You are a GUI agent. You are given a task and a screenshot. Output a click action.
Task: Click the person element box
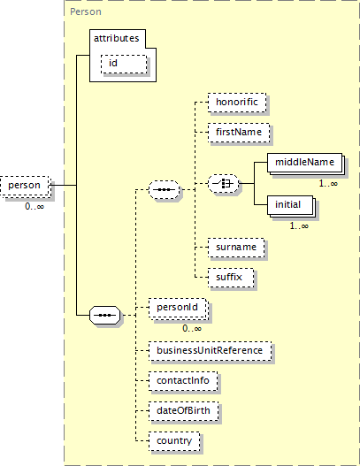[x=25, y=186]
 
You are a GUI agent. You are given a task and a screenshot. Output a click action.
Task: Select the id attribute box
[x=124, y=64]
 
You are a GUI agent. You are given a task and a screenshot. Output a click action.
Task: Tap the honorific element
[x=237, y=103]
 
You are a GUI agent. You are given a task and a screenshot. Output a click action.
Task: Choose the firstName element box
[x=239, y=133]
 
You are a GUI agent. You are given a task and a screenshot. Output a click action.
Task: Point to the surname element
[x=236, y=248]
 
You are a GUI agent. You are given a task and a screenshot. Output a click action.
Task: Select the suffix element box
[x=231, y=278]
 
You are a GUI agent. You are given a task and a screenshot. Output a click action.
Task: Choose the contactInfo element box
[x=183, y=381]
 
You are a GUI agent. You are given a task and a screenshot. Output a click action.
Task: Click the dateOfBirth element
[x=183, y=411]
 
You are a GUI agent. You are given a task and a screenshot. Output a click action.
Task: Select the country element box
[x=174, y=441]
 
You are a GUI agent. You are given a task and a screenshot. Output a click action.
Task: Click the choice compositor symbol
[x=223, y=184]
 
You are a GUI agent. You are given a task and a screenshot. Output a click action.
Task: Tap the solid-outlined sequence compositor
[x=105, y=315]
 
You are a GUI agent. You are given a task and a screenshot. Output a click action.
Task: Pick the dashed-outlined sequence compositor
[x=165, y=189]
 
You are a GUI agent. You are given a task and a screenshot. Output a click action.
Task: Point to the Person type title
[x=86, y=11]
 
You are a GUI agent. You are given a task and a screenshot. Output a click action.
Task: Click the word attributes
[x=117, y=39]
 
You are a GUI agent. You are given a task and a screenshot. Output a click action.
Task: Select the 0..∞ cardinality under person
[x=34, y=206]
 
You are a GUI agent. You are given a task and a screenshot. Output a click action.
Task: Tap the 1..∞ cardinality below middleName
[x=328, y=183]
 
